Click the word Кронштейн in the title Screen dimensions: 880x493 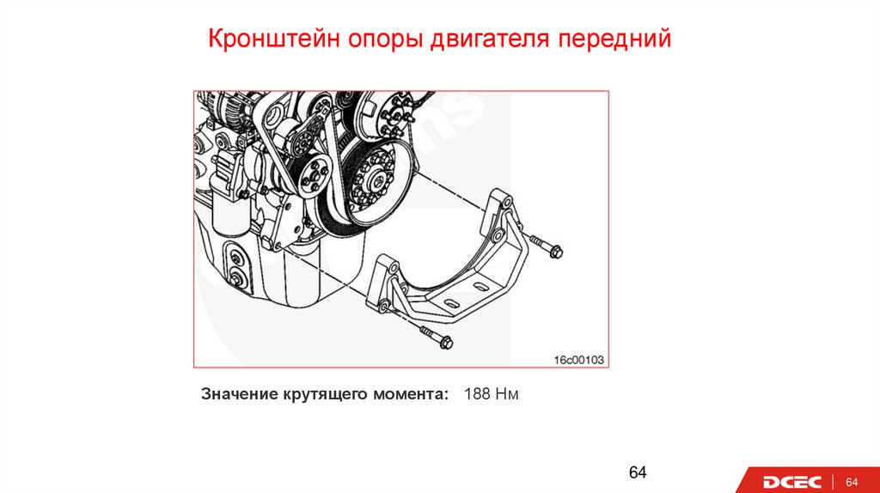coord(274,39)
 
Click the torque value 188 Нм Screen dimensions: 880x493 coord(491,393)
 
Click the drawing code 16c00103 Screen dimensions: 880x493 coord(578,360)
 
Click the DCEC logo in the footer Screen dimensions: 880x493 coord(791,482)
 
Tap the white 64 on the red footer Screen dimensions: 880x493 coord(852,482)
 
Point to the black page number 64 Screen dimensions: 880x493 coord(638,472)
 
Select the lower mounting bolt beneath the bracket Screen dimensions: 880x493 coord(436,337)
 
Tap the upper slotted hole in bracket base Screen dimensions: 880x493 coord(480,286)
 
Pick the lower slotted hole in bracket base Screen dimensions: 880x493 coord(450,305)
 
